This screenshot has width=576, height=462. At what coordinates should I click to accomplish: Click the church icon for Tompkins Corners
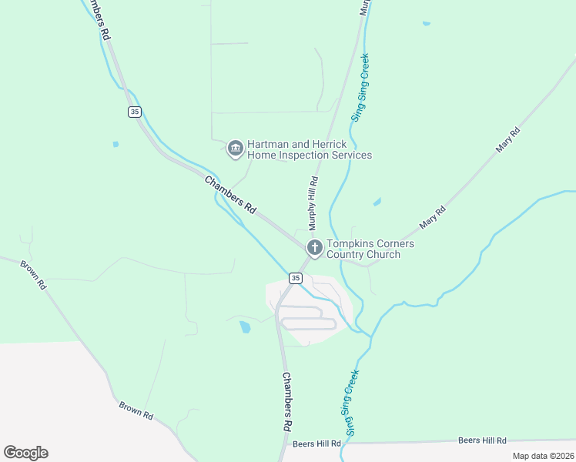[314, 247]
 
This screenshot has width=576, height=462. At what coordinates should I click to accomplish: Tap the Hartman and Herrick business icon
[236, 148]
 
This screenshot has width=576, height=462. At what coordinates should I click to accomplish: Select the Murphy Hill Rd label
[313, 203]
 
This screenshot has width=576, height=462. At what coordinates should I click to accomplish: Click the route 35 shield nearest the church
[295, 277]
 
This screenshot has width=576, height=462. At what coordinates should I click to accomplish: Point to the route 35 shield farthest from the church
[135, 112]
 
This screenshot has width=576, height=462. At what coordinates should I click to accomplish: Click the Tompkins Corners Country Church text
[370, 249]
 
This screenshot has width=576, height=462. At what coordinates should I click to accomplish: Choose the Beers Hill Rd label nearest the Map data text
[482, 440]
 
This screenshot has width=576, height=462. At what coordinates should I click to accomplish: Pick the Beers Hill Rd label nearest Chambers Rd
[316, 444]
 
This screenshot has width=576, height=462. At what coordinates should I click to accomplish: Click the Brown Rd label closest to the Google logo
[136, 409]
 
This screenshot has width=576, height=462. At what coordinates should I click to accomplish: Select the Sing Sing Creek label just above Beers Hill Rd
[351, 403]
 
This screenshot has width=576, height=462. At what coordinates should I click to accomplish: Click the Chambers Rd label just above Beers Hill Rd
[286, 402]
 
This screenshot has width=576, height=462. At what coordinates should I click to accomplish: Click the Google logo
[26, 453]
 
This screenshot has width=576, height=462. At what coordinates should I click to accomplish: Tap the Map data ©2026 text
[542, 456]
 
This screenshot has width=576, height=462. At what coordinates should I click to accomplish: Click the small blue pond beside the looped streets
[245, 327]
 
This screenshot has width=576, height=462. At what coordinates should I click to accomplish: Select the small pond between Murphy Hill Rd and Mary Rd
[377, 203]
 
